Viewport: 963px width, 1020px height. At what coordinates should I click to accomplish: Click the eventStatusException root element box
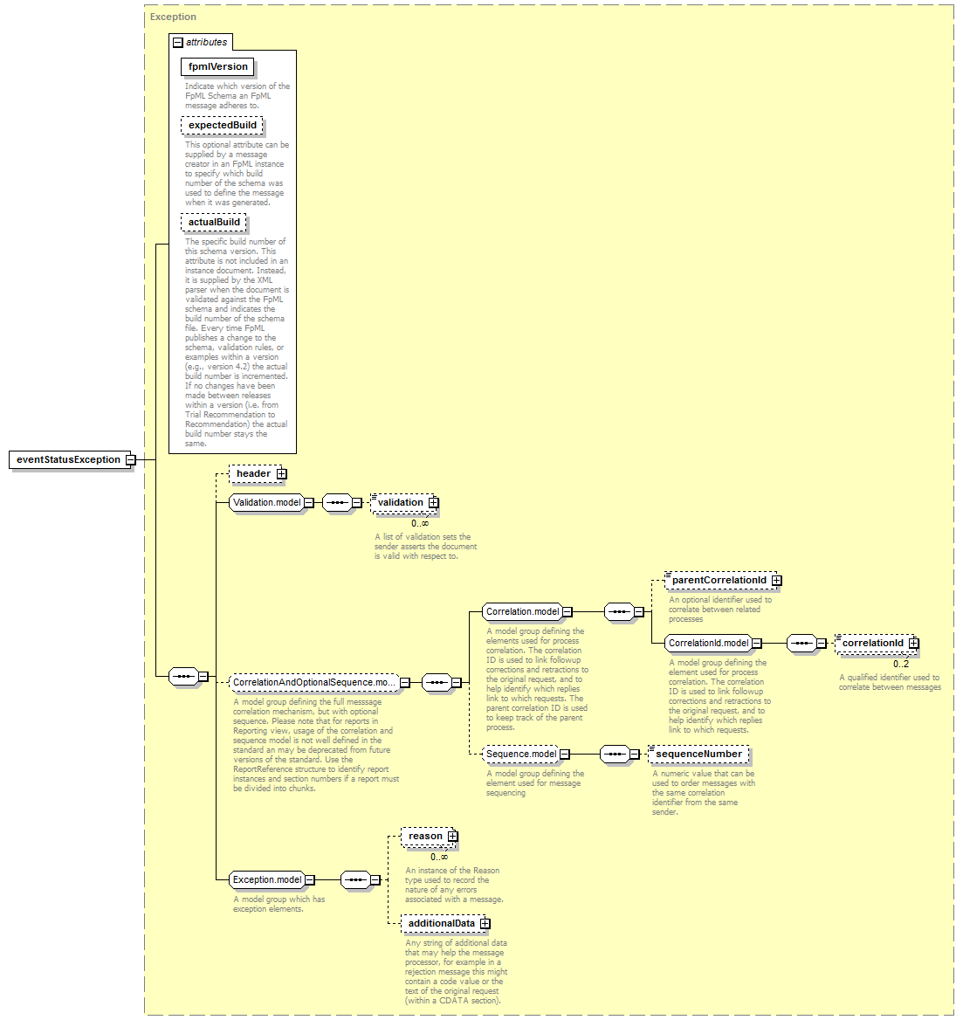tap(72, 460)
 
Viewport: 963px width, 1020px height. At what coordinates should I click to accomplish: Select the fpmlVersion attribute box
tap(217, 67)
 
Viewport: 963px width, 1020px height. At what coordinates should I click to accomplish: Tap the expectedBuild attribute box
tap(223, 126)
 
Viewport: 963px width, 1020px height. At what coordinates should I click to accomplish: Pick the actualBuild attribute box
tap(213, 223)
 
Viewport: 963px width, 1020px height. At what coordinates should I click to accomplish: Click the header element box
tap(258, 474)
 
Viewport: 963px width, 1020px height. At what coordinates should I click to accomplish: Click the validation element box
tap(404, 503)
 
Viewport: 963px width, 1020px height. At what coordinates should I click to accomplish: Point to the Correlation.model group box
tap(527, 612)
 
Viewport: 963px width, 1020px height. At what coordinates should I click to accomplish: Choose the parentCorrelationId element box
tap(723, 580)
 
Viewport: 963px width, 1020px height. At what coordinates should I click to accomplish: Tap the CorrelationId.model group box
tap(713, 644)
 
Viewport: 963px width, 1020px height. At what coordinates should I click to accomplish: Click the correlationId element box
tap(877, 644)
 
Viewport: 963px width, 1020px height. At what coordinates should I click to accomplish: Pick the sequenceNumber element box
tap(699, 755)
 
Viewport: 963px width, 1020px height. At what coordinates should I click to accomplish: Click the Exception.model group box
tap(272, 880)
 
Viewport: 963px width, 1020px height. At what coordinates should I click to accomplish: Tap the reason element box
tap(430, 837)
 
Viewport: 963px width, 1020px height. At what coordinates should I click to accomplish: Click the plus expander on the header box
tap(281, 474)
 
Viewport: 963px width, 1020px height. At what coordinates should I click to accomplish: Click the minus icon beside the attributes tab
tap(177, 42)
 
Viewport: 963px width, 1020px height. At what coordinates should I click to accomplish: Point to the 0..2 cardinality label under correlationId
tap(901, 665)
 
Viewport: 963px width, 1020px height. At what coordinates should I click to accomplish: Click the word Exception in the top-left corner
tap(173, 17)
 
